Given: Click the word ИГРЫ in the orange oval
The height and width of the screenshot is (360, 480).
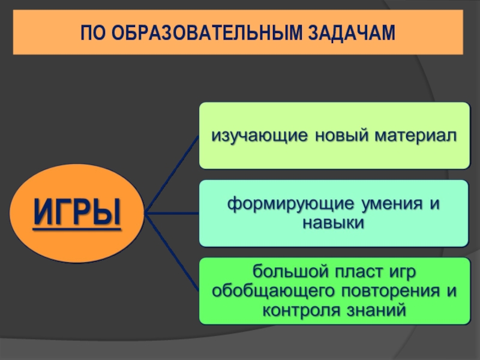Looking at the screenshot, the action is click(76, 212).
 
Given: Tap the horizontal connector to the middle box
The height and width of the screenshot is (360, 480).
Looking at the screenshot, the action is click(174, 212).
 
